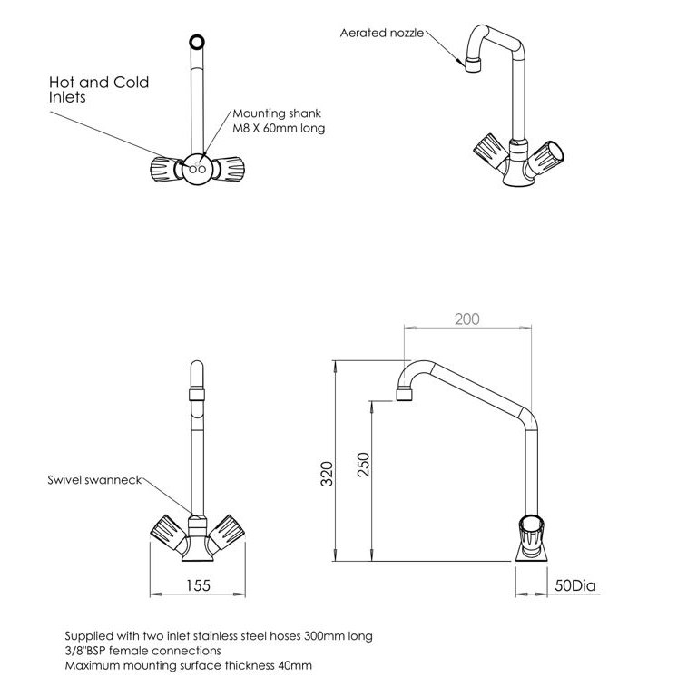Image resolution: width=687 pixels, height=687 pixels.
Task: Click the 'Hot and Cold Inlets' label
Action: click(98, 89)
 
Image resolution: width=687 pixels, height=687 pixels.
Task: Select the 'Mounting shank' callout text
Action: click(278, 121)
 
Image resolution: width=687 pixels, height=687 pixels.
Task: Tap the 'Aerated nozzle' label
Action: click(381, 33)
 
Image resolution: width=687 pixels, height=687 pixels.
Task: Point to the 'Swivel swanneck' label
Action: click(94, 479)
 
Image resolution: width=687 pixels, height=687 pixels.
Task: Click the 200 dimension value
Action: click(466, 319)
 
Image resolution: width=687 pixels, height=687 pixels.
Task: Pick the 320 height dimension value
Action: click(327, 473)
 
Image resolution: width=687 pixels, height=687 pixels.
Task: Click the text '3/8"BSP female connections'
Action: click(142, 651)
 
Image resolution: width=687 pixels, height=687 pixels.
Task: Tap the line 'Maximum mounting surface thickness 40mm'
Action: click(188, 665)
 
